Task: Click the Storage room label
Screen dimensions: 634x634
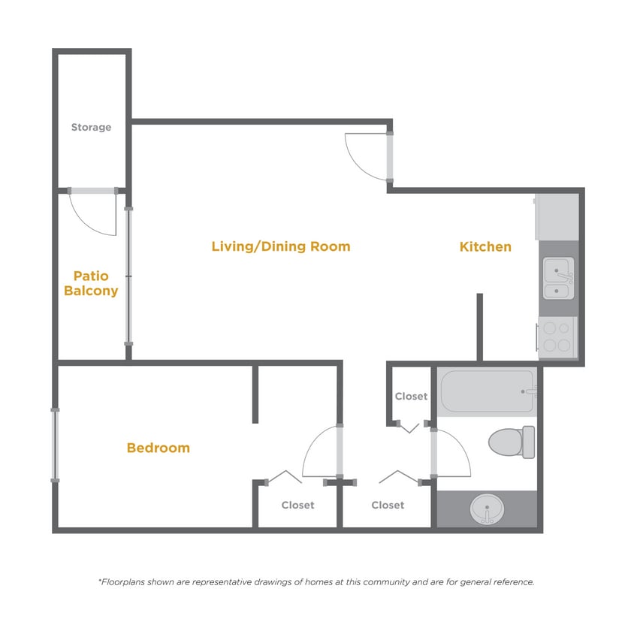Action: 91,128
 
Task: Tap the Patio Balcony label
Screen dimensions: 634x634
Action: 91,283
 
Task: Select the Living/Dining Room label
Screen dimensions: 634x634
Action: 280,246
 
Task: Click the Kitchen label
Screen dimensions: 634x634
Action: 485,246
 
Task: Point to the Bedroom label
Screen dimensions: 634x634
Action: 158,448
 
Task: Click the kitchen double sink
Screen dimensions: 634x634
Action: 558,278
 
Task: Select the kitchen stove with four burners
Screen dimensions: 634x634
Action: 557,337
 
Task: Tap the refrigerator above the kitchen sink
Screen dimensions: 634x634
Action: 557,217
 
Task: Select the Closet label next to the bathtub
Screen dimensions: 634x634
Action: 411,396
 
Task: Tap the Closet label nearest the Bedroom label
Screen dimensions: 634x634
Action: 297,506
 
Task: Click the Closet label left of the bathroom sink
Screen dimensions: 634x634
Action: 388,506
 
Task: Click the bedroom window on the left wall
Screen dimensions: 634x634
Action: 55,444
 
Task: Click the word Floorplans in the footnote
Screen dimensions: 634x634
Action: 128,582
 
